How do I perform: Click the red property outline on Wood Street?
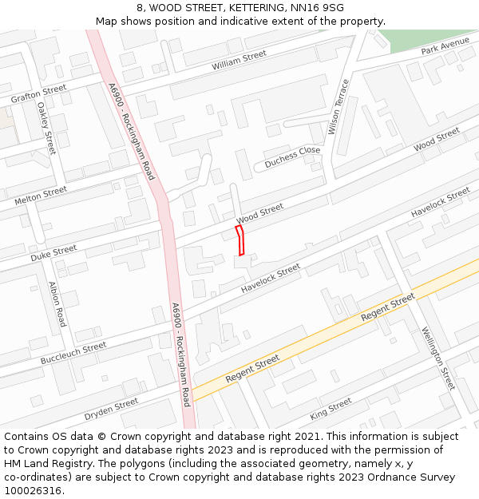pyautogui.click(x=240, y=240)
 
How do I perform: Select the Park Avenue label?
pyautogui.click(x=445, y=46)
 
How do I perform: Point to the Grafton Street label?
pyautogui.click(x=39, y=93)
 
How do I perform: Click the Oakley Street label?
pyautogui.click(x=46, y=128)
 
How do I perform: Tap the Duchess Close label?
pyautogui.click(x=292, y=154)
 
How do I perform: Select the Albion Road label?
pyautogui.click(x=57, y=304)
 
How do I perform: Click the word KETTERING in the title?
pyautogui.click(x=245, y=8)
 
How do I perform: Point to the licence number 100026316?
pyautogui.click(x=33, y=490)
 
